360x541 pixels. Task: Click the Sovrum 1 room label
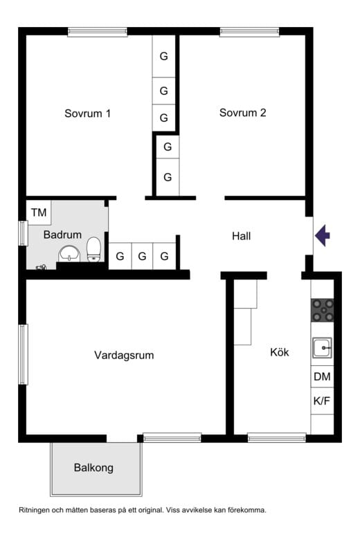[88, 113]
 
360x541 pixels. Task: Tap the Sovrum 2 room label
[242, 113]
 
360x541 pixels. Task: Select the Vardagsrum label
[124, 356]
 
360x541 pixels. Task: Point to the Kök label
[280, 352]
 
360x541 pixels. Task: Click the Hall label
[241, 236]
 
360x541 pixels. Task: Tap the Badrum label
[62, 235]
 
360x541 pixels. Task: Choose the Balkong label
[93, 468]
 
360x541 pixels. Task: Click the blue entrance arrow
[323, 236]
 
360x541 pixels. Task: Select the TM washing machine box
[39, 212]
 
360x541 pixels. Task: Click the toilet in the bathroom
[93, 249]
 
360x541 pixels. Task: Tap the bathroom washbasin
[69, 255]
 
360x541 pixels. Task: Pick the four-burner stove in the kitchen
[323, 310]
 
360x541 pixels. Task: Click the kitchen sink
[323, 348]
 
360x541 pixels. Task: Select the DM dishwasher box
[323, 376]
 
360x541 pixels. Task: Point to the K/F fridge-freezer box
[323, 401]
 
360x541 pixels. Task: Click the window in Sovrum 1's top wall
[98, 32]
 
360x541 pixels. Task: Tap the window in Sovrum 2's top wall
[249, 32]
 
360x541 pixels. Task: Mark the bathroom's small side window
[23, 233]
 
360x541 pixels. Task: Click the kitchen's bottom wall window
[277, 438]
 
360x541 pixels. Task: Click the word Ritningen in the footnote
[34, 510]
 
